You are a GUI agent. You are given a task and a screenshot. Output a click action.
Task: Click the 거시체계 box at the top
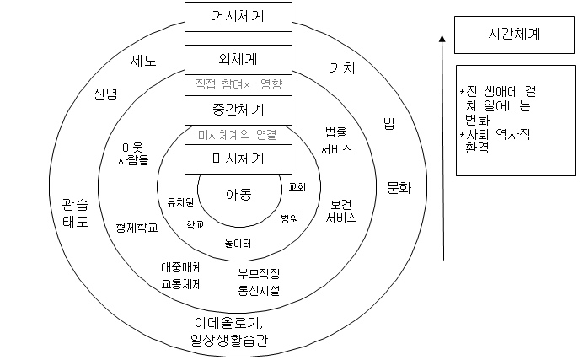coord(238,15)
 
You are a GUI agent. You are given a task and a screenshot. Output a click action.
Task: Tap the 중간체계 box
coord(238,109)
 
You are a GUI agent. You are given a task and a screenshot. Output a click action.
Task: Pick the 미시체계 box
coord(238,158)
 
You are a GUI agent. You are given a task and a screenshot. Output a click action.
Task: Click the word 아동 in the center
coord(238,195)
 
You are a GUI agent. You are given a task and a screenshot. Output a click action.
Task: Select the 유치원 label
coord(180,201)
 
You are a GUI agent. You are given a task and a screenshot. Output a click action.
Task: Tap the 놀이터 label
coord(238,244)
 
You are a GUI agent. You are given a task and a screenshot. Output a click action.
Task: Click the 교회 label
coord(297,186)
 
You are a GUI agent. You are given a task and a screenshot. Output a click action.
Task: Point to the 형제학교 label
coord(137,228)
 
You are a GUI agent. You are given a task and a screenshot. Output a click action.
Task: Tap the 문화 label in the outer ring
coord(399,187)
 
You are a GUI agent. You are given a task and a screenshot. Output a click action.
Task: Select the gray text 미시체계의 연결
coord(238,133)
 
